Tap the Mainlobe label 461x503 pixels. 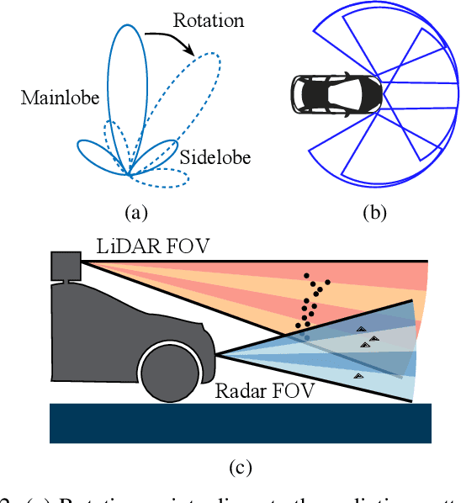tap(59, 99)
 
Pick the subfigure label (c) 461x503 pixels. tap(241, 465)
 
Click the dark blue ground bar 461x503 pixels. tap(241, 423)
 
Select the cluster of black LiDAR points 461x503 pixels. tap(311, 303)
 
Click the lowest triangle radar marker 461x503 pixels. tap(359, 375)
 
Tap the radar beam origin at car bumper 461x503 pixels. tap(218, 355)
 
